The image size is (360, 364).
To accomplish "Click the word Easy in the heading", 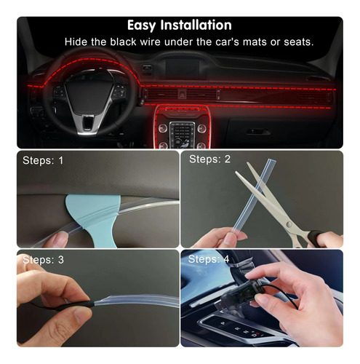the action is (x=141, y=25).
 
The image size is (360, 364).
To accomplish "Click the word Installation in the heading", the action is (x=196, y=25).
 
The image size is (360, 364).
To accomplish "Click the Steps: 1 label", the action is (x=43, y=160).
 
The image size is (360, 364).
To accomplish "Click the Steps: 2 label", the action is (x=209, y=159).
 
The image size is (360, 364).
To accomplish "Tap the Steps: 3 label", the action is (x=43, y=260).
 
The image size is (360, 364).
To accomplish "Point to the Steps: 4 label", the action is (x=209, y=259).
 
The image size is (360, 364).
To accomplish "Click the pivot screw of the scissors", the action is (x=289, y=224).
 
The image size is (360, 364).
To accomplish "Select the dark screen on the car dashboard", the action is (x=183, y=68).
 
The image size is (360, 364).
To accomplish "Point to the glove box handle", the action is (x=258, y=132).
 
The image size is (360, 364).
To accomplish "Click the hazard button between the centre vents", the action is (x=181, y=94).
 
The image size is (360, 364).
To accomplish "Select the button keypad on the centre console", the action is (x=182, y=134).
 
